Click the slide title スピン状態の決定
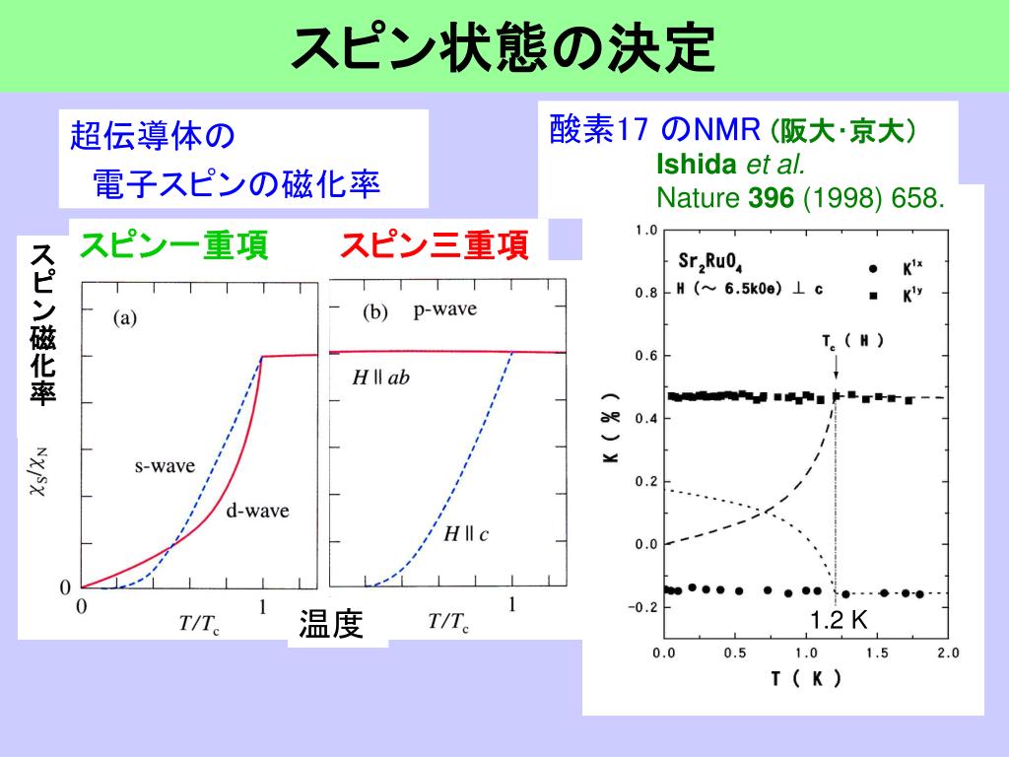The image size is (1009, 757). [504, 45]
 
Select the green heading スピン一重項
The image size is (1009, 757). [174, 245]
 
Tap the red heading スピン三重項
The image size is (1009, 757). [435, 245]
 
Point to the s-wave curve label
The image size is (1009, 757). [165, 465]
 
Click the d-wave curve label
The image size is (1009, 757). [258, 511]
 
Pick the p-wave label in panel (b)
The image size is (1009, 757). [445, 310]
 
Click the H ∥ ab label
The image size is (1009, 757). [380, 378]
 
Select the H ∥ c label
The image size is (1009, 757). [464, 534]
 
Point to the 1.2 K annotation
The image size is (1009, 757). [839, 619]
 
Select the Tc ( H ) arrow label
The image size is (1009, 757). [852, 341]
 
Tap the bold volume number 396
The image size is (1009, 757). [771, 199]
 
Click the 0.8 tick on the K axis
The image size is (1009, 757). [645, 293]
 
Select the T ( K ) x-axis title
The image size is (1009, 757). [805, 679]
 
